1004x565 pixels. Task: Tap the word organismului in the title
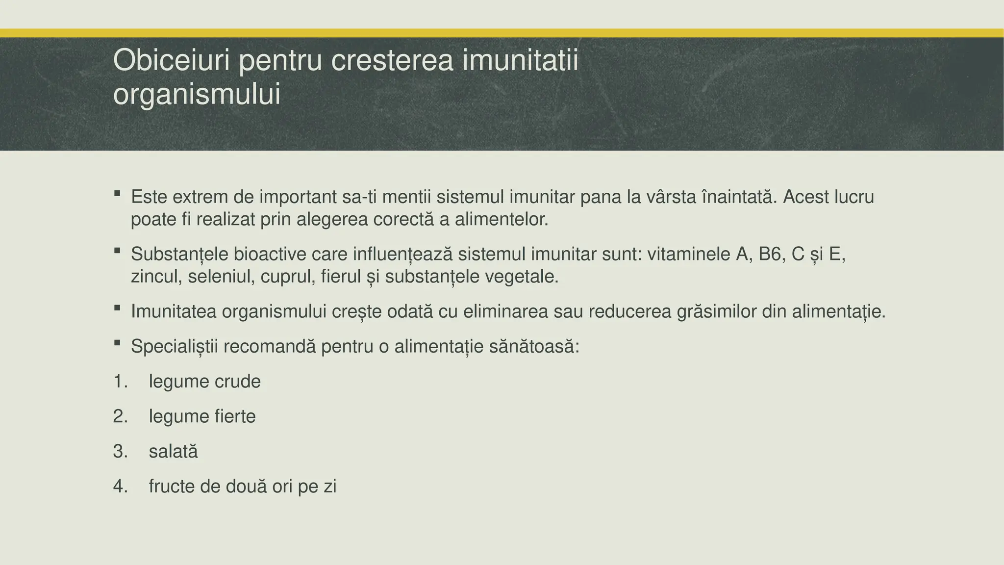[x=197, y=94]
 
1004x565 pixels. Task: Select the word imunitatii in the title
[x=520, y=61]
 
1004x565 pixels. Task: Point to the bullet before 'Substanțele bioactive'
[x=117, y=251]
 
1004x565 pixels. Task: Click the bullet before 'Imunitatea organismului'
[x=117, y=308]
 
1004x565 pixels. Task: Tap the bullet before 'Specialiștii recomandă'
[x=117, y=343]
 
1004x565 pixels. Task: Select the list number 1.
[x=120, y=382]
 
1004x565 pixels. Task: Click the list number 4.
[x=120, y=487]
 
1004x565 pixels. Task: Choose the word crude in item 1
[x=238, y=382]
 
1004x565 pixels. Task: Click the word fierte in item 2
[x=235, y=417]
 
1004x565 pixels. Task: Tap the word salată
[x=173, y=452]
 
